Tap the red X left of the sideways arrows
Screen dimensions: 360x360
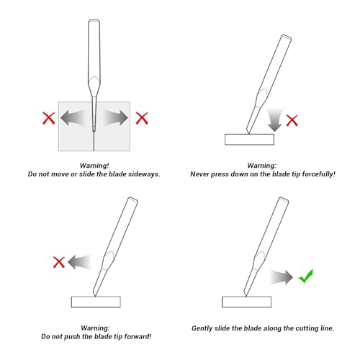pos(49,118)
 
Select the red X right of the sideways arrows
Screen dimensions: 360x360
pos(142,118)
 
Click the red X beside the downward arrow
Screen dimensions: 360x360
pos(292,120)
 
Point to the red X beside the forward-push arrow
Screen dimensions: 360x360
pos(59,262)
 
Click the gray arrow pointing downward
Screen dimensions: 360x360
pos(274,120)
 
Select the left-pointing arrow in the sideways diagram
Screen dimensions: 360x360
pos(73,118)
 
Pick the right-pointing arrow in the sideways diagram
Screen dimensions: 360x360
pos(116,118)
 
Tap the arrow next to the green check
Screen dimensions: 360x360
pos(282,277)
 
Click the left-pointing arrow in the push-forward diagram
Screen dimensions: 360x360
pos(79,262)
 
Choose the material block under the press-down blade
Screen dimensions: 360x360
pos(249,140)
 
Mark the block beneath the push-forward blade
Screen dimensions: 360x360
pos(96,302)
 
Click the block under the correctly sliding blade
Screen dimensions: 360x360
pos(246,302)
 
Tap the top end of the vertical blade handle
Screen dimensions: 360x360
pos(94,20)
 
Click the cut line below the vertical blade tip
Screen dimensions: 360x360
pos(94,141)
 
